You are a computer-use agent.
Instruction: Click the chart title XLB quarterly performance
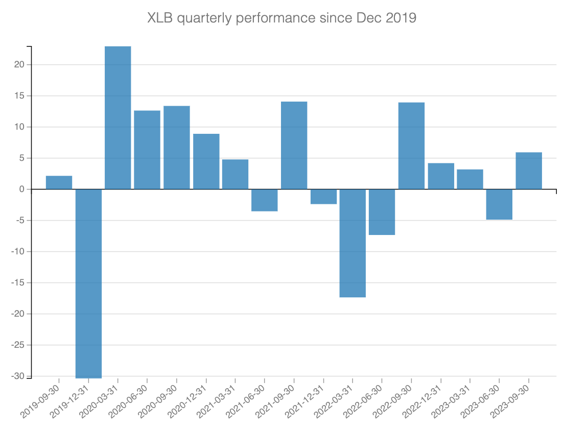tap(282, 18)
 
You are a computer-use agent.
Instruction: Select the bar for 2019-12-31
tap(88, 283)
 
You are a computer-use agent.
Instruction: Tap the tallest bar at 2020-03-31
tap(118, 118)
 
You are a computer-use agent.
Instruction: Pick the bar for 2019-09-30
tap(59, 183)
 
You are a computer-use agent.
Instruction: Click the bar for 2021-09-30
tap(294, 146)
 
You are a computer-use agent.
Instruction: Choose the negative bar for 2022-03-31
tap(353, 243)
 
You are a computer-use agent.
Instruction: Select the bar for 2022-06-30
tap(382, 212)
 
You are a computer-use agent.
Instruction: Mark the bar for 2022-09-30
tap(412, 146)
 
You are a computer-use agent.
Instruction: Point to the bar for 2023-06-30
tap(500, 204)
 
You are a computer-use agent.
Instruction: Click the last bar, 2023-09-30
tap(529, 171)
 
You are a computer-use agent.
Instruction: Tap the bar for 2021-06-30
tap(265, 200)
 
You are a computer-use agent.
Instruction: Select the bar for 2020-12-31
tap(206, 162)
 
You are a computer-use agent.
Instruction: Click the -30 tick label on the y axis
tap(18, 376)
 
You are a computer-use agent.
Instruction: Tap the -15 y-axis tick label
tap(18, 283)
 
